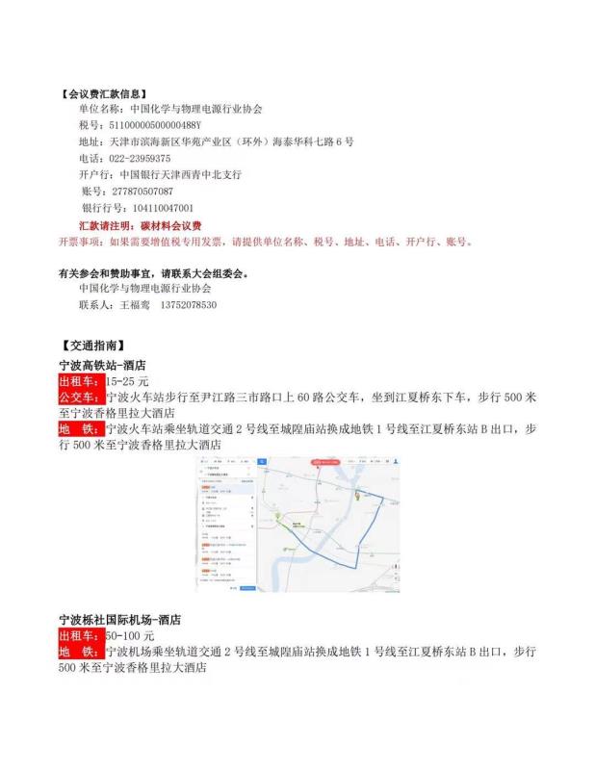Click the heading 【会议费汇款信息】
(104, 94)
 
